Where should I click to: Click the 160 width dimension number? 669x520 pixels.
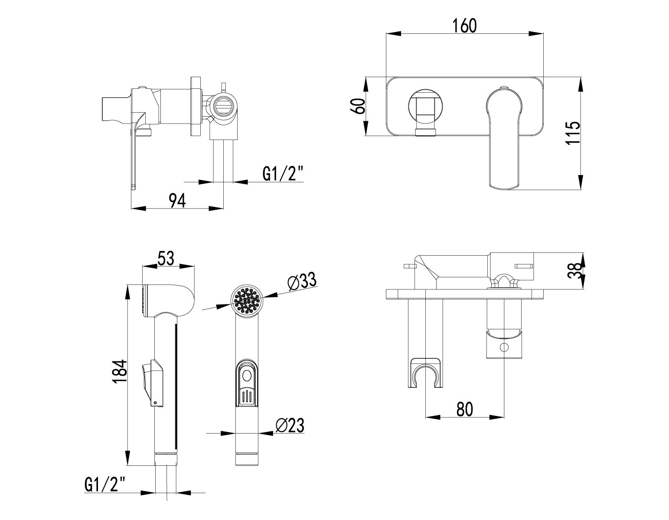tap(464, 26)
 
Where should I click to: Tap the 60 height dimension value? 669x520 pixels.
tap(359, 106)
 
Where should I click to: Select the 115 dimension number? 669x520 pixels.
tap(573, 133)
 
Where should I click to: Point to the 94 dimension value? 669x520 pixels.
tap(177, 201)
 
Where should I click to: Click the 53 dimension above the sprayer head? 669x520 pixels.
tap(166, 258)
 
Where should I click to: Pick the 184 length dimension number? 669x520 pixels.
tap(120, 371)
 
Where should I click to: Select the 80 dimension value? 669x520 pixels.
tap(465, 409)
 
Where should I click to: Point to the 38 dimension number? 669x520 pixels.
tap(575, 270)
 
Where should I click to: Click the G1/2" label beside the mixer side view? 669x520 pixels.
tap(283, 174)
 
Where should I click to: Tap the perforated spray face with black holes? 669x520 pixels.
tap(247, 300)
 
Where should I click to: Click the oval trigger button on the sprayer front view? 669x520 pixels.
tap(247, 376)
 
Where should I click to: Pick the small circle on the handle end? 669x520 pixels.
tap(504, 348)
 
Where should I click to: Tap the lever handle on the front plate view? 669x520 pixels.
tap(505, 139)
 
